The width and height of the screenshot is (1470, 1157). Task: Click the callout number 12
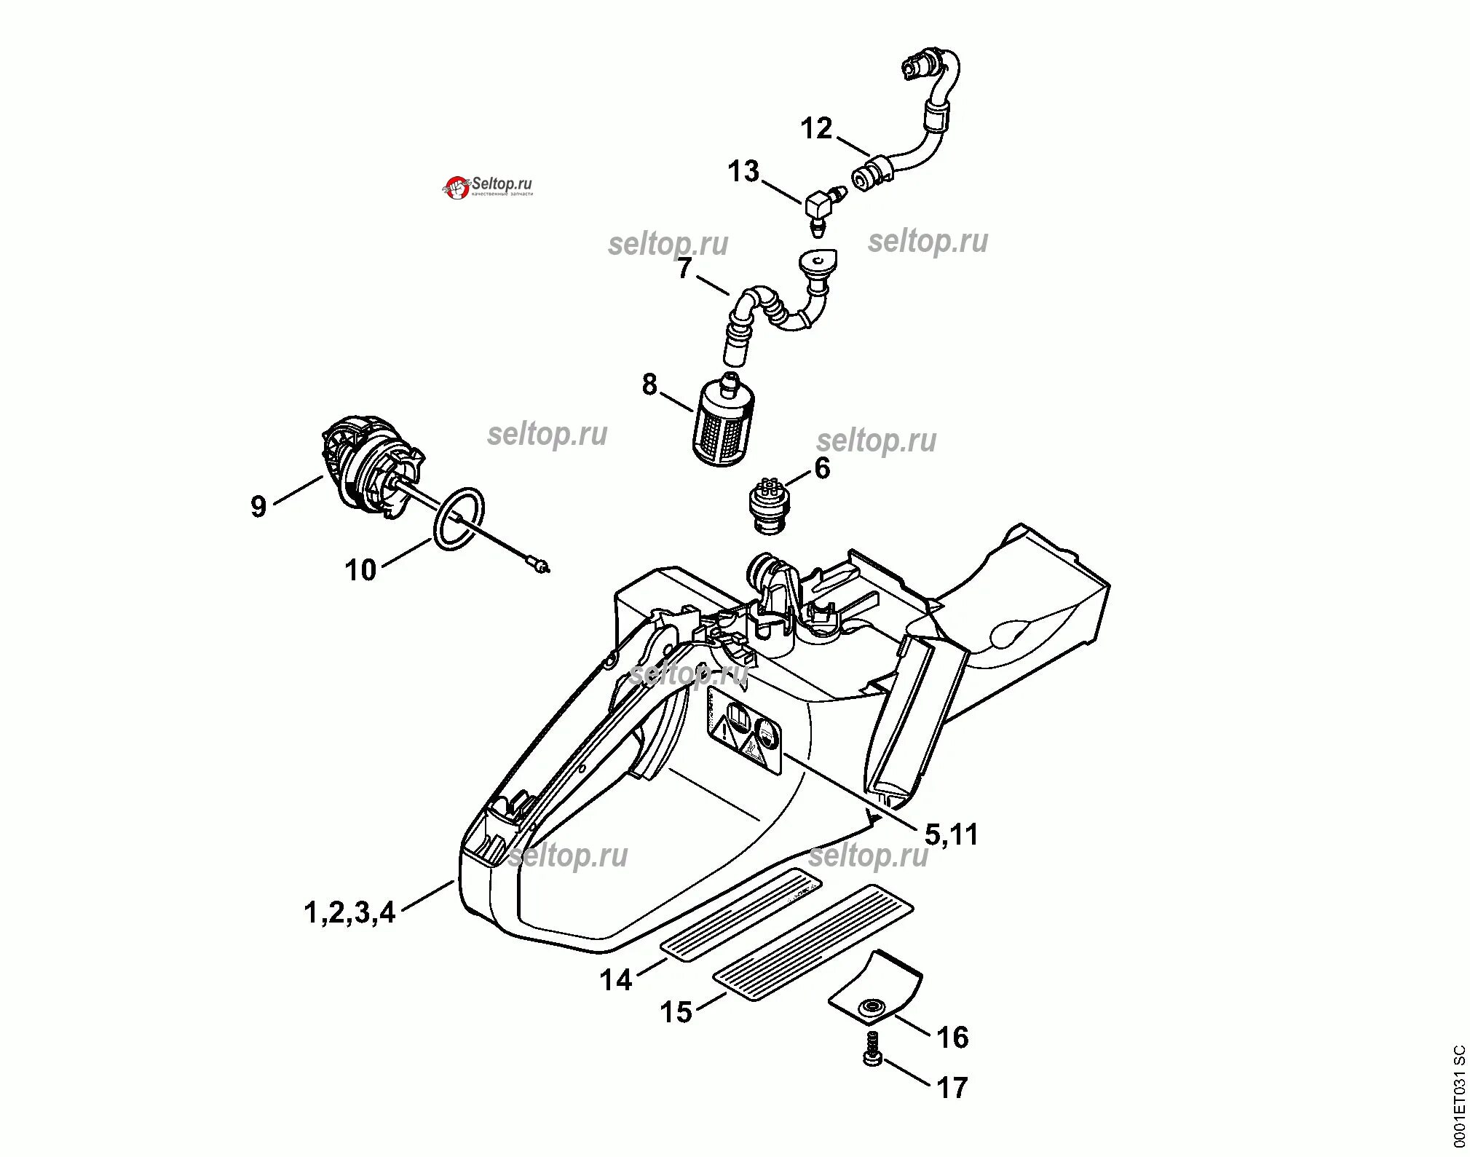816,128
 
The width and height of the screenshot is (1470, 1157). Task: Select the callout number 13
743,172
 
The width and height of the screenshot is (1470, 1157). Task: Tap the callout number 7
684,269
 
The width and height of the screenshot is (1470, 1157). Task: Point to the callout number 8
649,384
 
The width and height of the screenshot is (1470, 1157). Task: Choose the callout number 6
822,468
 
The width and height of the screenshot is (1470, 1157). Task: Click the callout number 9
258,505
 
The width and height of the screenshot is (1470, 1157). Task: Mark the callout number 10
360,570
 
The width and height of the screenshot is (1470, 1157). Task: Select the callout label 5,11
952,834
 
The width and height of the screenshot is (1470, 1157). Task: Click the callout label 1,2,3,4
349,912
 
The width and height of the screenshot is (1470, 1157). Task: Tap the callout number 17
952,1088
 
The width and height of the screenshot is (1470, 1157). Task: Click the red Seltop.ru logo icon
457,188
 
